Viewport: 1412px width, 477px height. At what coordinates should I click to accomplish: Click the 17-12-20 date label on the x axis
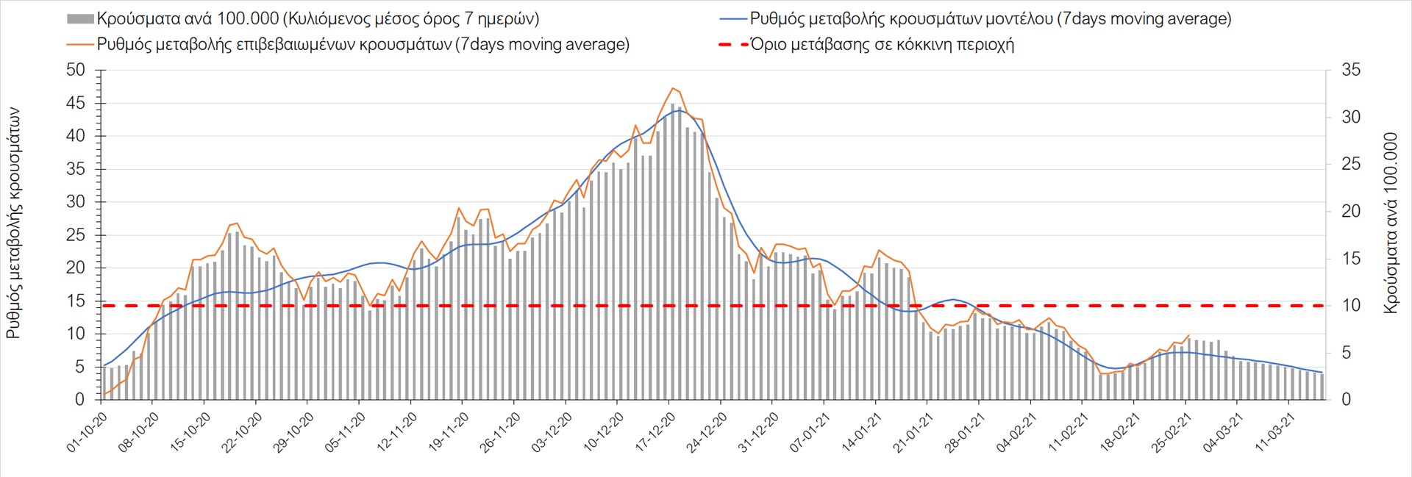[655, 431]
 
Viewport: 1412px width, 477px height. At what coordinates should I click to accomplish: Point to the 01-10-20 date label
[88, 431]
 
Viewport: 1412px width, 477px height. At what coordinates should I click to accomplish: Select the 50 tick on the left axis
[76, 70]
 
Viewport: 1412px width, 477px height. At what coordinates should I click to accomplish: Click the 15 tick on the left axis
[76, 301]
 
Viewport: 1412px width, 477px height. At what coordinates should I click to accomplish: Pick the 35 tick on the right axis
[1351, 70]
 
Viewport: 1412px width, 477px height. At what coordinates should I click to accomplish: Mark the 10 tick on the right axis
[1351, 305]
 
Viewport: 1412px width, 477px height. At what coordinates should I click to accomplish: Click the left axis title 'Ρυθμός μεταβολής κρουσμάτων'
[13, 223]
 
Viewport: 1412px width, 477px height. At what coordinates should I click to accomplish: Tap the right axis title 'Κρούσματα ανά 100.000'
[1390, 223]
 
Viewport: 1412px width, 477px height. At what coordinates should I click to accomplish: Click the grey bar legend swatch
[80, 19]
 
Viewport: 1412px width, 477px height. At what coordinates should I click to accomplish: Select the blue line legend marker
[732, 19]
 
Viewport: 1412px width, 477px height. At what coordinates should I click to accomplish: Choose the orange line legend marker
[80, 45]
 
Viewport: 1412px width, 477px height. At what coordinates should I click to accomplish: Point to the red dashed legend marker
[732, 45]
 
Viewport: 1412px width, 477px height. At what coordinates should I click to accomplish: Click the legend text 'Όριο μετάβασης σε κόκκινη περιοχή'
[882, 45]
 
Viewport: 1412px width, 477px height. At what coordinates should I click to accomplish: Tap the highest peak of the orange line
[672, 88]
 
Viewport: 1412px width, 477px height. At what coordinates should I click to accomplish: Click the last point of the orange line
[1189, 335]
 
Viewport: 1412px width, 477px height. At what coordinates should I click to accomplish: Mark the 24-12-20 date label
[707, 431]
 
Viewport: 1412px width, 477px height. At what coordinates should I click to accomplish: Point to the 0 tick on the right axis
[1347, 399]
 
